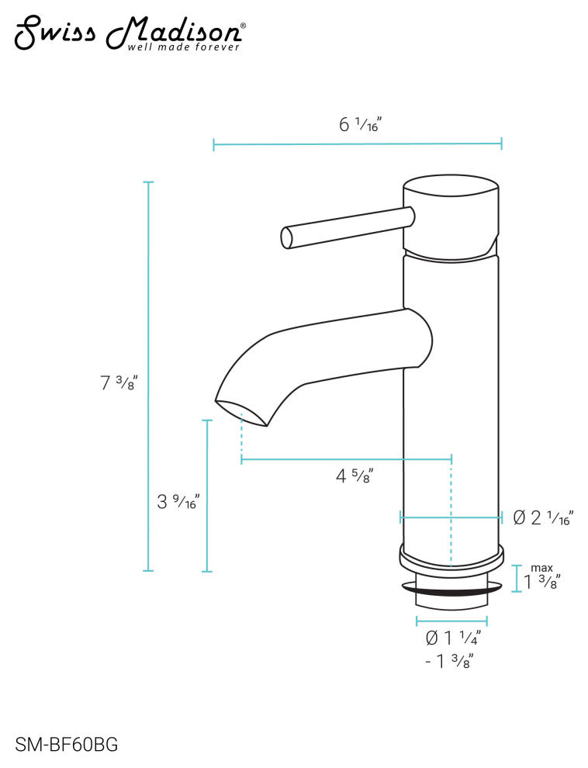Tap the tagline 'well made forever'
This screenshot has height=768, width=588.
pyautogui.click(x=184, y=47)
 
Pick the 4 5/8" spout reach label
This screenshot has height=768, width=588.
pyautogui.click(x=355, y=476)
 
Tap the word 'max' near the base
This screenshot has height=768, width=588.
pyautogui.click(x=542, y=568)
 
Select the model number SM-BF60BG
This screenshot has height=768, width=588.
pyautogui.click(x=67, y=745)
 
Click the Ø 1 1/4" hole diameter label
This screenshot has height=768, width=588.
pyautogui.click(x=453, y=638)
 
